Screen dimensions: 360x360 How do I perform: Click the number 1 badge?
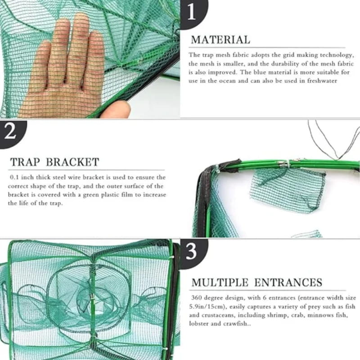point(192,12)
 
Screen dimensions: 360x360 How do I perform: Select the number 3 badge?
point(192,253)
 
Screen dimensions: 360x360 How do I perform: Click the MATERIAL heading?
point(220,40)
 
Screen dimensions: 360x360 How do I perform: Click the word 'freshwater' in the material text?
point(321,81)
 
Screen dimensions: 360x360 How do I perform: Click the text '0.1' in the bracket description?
point(14,178)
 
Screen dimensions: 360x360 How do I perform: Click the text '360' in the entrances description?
point(197,298)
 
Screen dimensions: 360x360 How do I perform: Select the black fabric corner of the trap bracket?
point(205,180)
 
